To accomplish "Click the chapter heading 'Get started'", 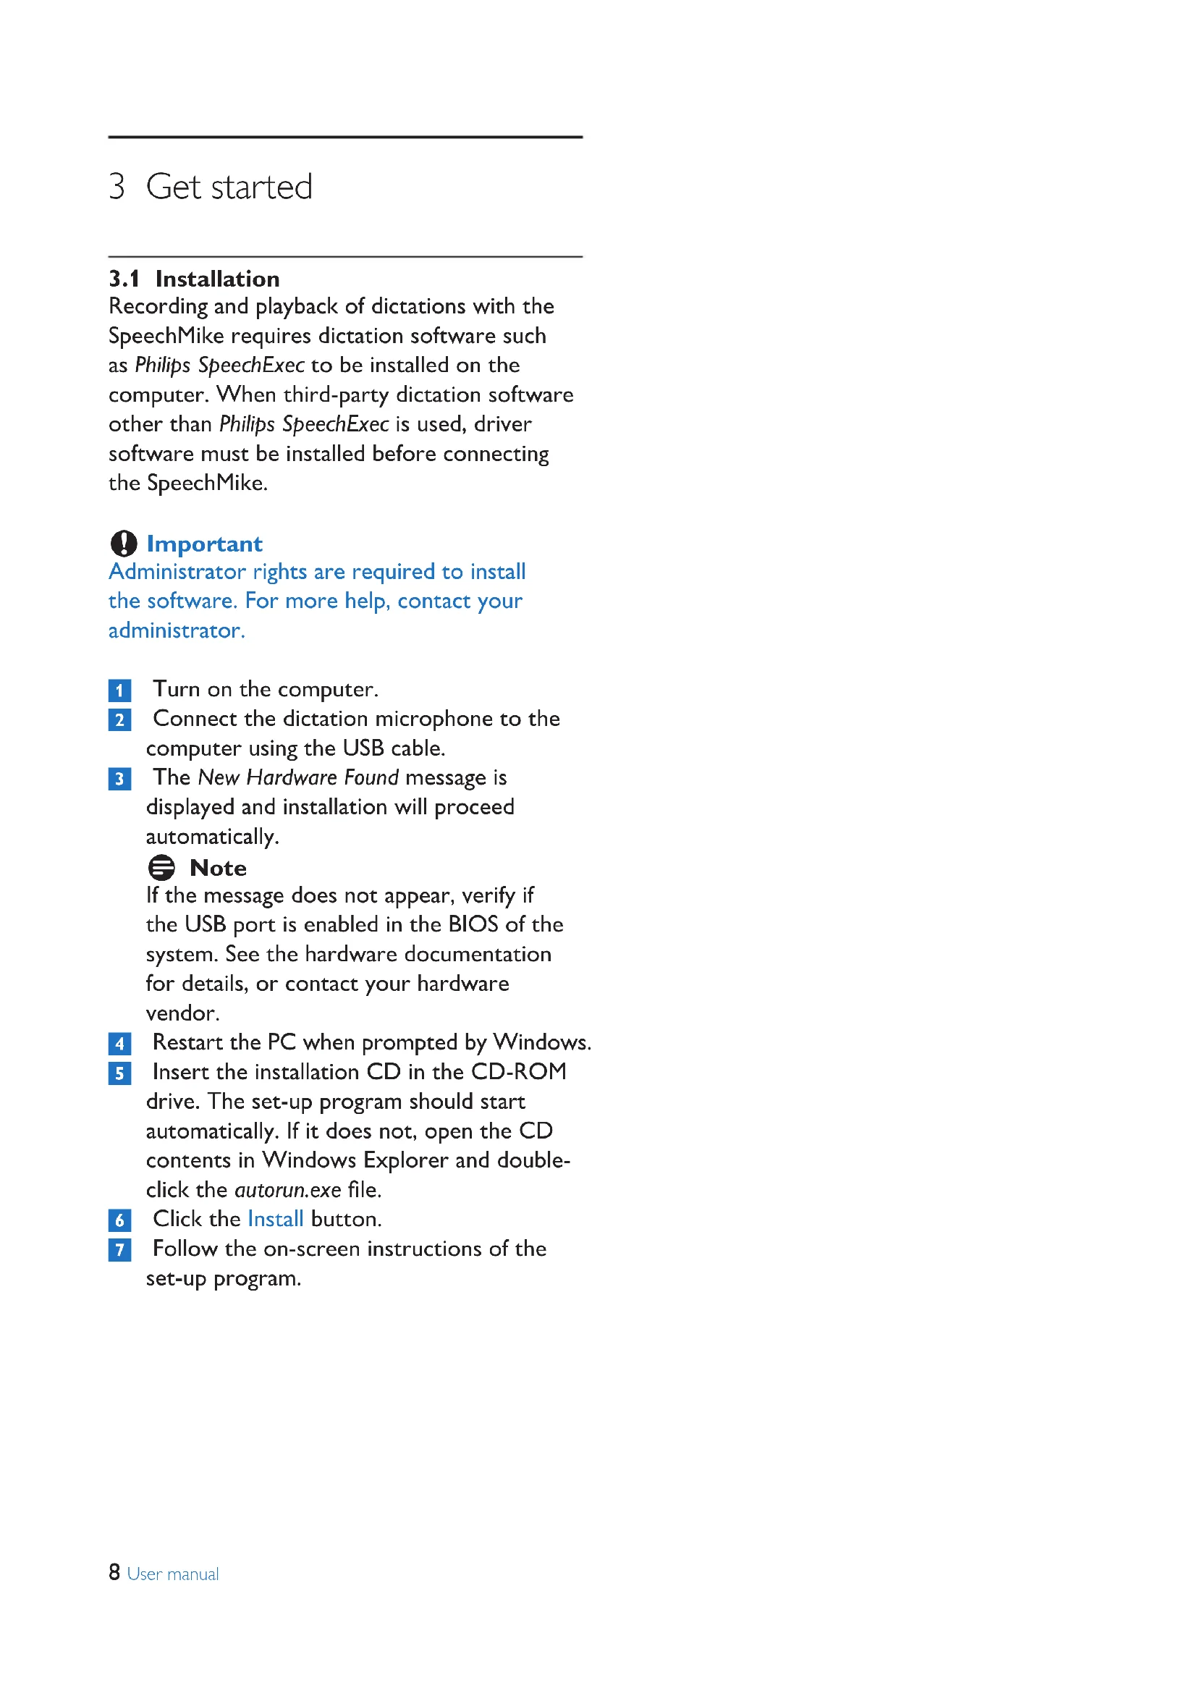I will pyautogui.click(x=229, y=187).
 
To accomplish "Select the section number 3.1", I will pyautogui.click(x=124, y=279).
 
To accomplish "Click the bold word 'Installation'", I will pyautogui.click(x=217, y=279).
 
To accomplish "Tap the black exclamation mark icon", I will pyautogui.click(x=124, y=544).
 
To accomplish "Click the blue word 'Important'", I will pyautogui.click(x=204, y=544).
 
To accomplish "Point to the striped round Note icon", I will pyautogui.click(x=161, y=867).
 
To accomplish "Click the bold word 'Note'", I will pyautogui.click(x=218, y=868).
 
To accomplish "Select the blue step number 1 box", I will pyautogui.click(x=119, y=691).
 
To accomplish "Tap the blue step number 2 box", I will pyautogui.click(x=119, y=719).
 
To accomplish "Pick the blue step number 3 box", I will pyautogui.click(x=119, y=779).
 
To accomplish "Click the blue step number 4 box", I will pyautogui.click(x=119, y=1044).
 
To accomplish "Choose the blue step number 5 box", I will pyautogui.click(x=119, y=1073).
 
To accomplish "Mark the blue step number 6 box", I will pyautogui.click(x=119, y=1220).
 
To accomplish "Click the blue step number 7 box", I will pyautogui.click(x=119, y=1250).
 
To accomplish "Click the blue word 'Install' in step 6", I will pyautogui.click(x=276, y=1219).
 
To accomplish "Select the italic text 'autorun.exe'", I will pyautogui.click(x=288, y=1190).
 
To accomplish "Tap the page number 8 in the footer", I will pyautogui.click(x=114, y=1573).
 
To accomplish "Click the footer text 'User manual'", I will pyautogui.click(x=173, y=1574).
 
